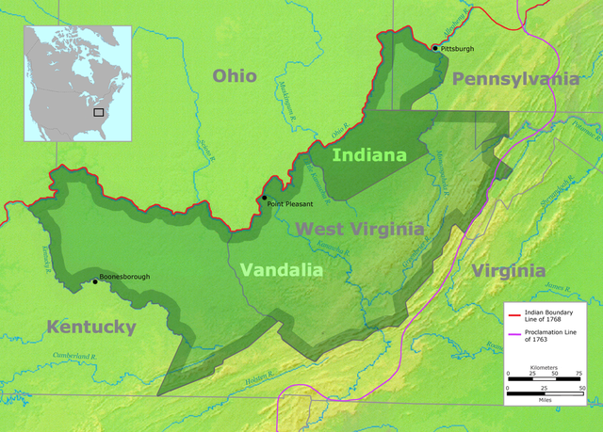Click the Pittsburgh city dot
point(434,48)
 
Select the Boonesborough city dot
point(94,280)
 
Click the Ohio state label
point(234,76)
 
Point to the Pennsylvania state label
point(515,79)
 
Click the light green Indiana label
point(369,154)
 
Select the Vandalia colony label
point(281,270)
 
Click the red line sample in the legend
point(513,316)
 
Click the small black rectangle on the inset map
point(98,111)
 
